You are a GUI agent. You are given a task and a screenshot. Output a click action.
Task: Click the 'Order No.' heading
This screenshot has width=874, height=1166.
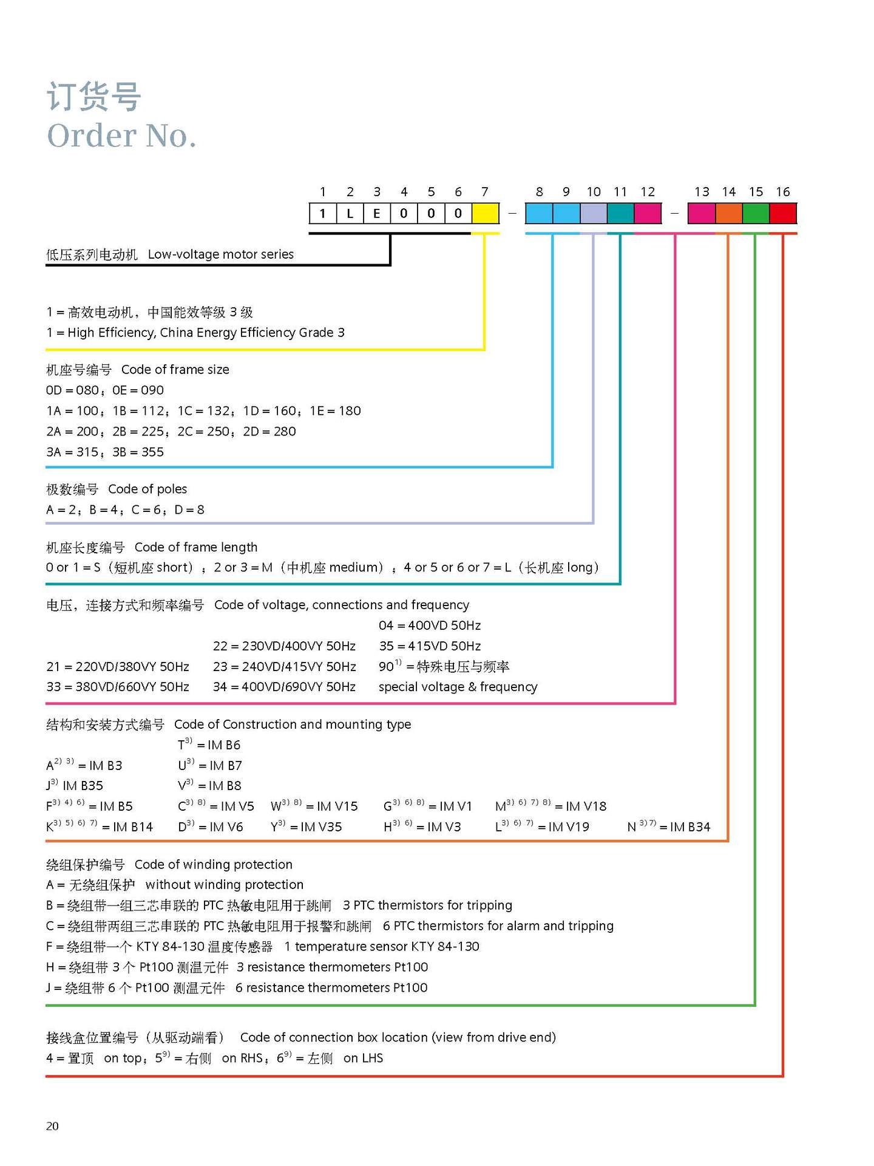(121, 135)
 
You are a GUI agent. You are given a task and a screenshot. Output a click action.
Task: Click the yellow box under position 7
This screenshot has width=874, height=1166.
(486, 213)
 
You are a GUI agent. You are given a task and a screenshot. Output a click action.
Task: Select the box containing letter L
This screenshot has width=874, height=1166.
(350, 213)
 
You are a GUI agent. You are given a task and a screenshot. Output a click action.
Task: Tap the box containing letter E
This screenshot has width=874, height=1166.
(377, 213)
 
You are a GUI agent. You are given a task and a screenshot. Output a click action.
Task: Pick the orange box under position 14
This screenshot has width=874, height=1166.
(728, 213)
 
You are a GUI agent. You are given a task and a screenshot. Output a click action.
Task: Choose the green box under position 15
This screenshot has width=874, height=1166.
(756, 213)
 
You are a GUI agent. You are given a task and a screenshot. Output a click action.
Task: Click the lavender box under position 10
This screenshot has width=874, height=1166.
(594, 213)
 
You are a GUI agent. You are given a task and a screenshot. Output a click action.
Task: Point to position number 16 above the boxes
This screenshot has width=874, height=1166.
(783, 192)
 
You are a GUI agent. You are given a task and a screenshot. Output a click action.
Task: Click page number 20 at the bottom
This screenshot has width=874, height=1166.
(52, 1126)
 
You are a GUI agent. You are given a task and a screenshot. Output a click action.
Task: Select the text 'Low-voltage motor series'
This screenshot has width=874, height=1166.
(220, 254)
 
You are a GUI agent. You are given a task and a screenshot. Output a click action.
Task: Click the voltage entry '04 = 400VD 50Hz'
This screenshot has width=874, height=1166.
(430, 626)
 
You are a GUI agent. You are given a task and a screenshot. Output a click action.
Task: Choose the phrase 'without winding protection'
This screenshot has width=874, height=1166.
(224, 885)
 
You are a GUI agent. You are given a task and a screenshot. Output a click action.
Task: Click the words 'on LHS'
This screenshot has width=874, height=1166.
(363, 1058)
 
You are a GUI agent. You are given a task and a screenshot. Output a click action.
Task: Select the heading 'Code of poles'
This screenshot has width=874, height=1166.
(147, 489)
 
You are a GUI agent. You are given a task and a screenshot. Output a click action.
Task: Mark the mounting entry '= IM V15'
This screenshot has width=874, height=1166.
(331, 806)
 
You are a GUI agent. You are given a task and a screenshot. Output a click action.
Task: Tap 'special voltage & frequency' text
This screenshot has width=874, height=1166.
(458, 687)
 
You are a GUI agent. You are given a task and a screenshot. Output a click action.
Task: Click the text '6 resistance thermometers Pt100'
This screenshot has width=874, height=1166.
(331, 988)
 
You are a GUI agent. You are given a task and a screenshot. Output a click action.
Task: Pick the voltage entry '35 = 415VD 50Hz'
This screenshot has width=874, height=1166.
(430, 646)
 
